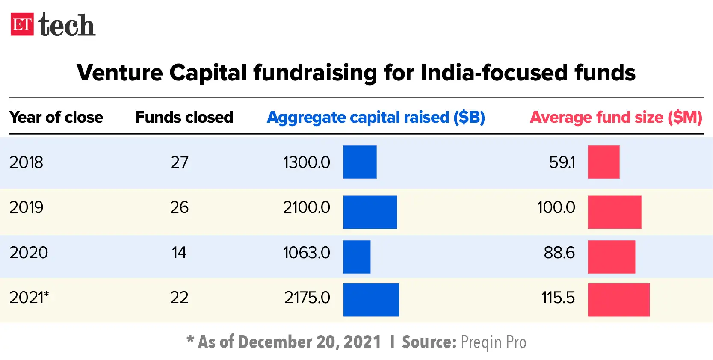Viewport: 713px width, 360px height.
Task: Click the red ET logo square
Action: [22, 24]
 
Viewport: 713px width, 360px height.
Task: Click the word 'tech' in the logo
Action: [67, 25]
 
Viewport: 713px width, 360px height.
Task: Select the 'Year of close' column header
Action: [56, 117]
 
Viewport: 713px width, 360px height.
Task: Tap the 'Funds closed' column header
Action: [184, 117]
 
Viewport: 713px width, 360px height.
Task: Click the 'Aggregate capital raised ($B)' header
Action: [376, 117]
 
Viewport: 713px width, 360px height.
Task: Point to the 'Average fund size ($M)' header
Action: [616, 117]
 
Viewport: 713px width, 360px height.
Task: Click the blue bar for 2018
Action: [360, 162]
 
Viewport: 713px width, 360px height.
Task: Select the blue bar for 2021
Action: [371, 300]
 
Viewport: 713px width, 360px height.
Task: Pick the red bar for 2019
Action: [614, 212]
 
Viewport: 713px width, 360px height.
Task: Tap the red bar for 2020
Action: [611, 257]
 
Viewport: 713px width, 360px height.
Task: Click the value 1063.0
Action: [306, 253]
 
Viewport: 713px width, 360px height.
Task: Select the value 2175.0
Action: [307, 298]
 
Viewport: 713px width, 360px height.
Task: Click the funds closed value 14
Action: [179, 253]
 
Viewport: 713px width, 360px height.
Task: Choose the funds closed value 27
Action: [179, 162]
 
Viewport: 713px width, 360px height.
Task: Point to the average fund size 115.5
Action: [558, 298]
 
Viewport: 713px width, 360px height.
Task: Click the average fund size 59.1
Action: [562, 162]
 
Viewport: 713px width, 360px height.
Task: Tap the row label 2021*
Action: [29, 298]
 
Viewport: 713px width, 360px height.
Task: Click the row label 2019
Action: [26, 207]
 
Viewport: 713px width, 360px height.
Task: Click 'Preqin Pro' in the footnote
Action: [493, 342]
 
